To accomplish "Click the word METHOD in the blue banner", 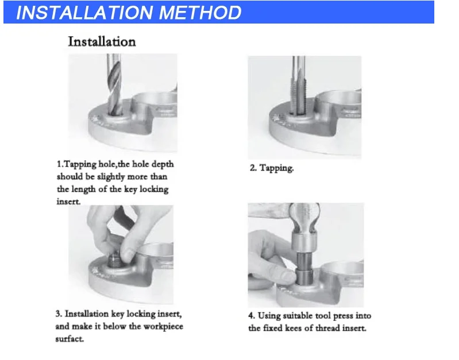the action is (x=200, y=13).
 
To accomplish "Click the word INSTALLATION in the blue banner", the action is (x=84, y=13).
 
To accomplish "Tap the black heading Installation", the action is (x=102, y=41).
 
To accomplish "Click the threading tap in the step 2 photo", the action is (x=298, y=85).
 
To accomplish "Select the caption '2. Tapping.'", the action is (x=272, y=168).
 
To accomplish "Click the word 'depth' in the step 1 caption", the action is (x=163, y=164).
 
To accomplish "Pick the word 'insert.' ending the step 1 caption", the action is (x=68, y=202).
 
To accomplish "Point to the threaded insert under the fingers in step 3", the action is (x=115, y=261).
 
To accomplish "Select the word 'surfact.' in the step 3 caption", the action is (x=70, y=339).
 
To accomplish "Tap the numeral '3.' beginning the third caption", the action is (x=59, y=314).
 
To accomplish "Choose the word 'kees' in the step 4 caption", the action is (x=294, y=328).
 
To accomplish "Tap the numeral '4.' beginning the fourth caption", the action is (x=252, y=316).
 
